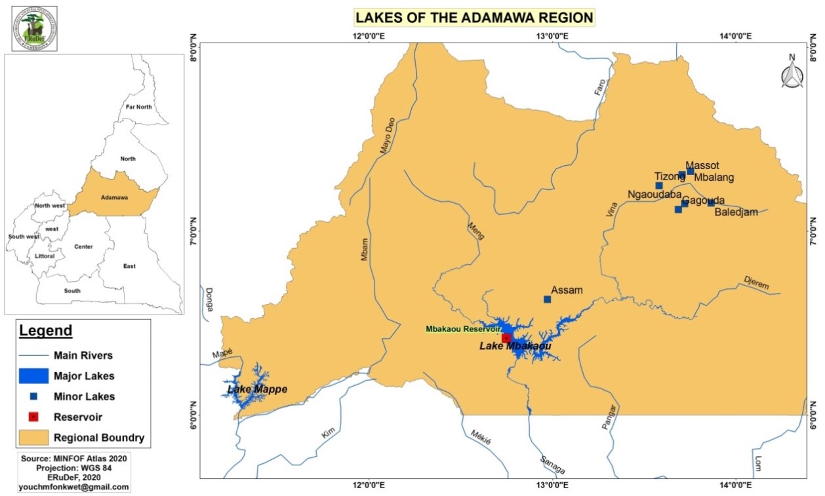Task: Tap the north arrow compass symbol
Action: pos(792,71)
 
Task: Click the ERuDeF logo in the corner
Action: pos(34,29)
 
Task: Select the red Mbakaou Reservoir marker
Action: pos(506,337)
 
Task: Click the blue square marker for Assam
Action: pos(548,299)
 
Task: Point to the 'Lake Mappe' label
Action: pos(257,389)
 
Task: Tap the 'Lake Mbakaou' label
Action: pos(515,346)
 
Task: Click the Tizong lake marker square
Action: pos(659,185)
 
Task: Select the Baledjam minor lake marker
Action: pos(711,202)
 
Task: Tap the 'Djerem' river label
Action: pos(756,282)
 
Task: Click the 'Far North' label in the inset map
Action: pos(138,106)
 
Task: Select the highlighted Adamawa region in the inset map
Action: pos(115,196)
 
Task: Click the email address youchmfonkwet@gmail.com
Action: pos(74,487)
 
